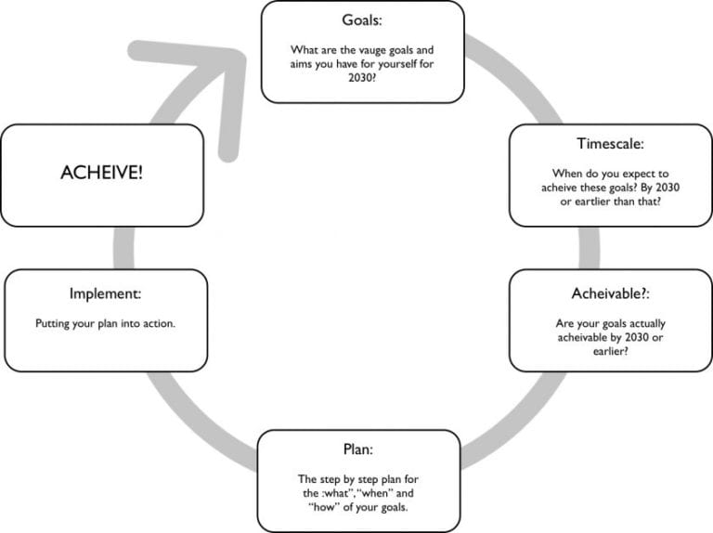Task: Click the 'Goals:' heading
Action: pyautogui.click(x=362, y=19)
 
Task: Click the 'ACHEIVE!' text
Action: pyautogui.click(x=102, y=173)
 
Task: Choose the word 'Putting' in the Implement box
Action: pyautogui.click(x=54, y=324)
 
